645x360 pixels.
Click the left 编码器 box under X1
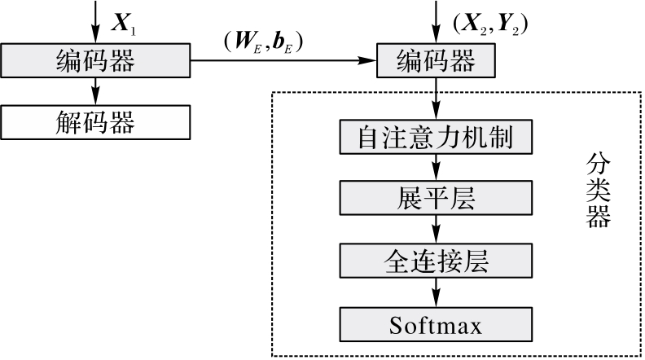pos(96,59)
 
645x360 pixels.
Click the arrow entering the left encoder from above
pos(96,21)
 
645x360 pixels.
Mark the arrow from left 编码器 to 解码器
pos(96,90)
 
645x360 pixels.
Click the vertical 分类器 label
pos(599,191)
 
